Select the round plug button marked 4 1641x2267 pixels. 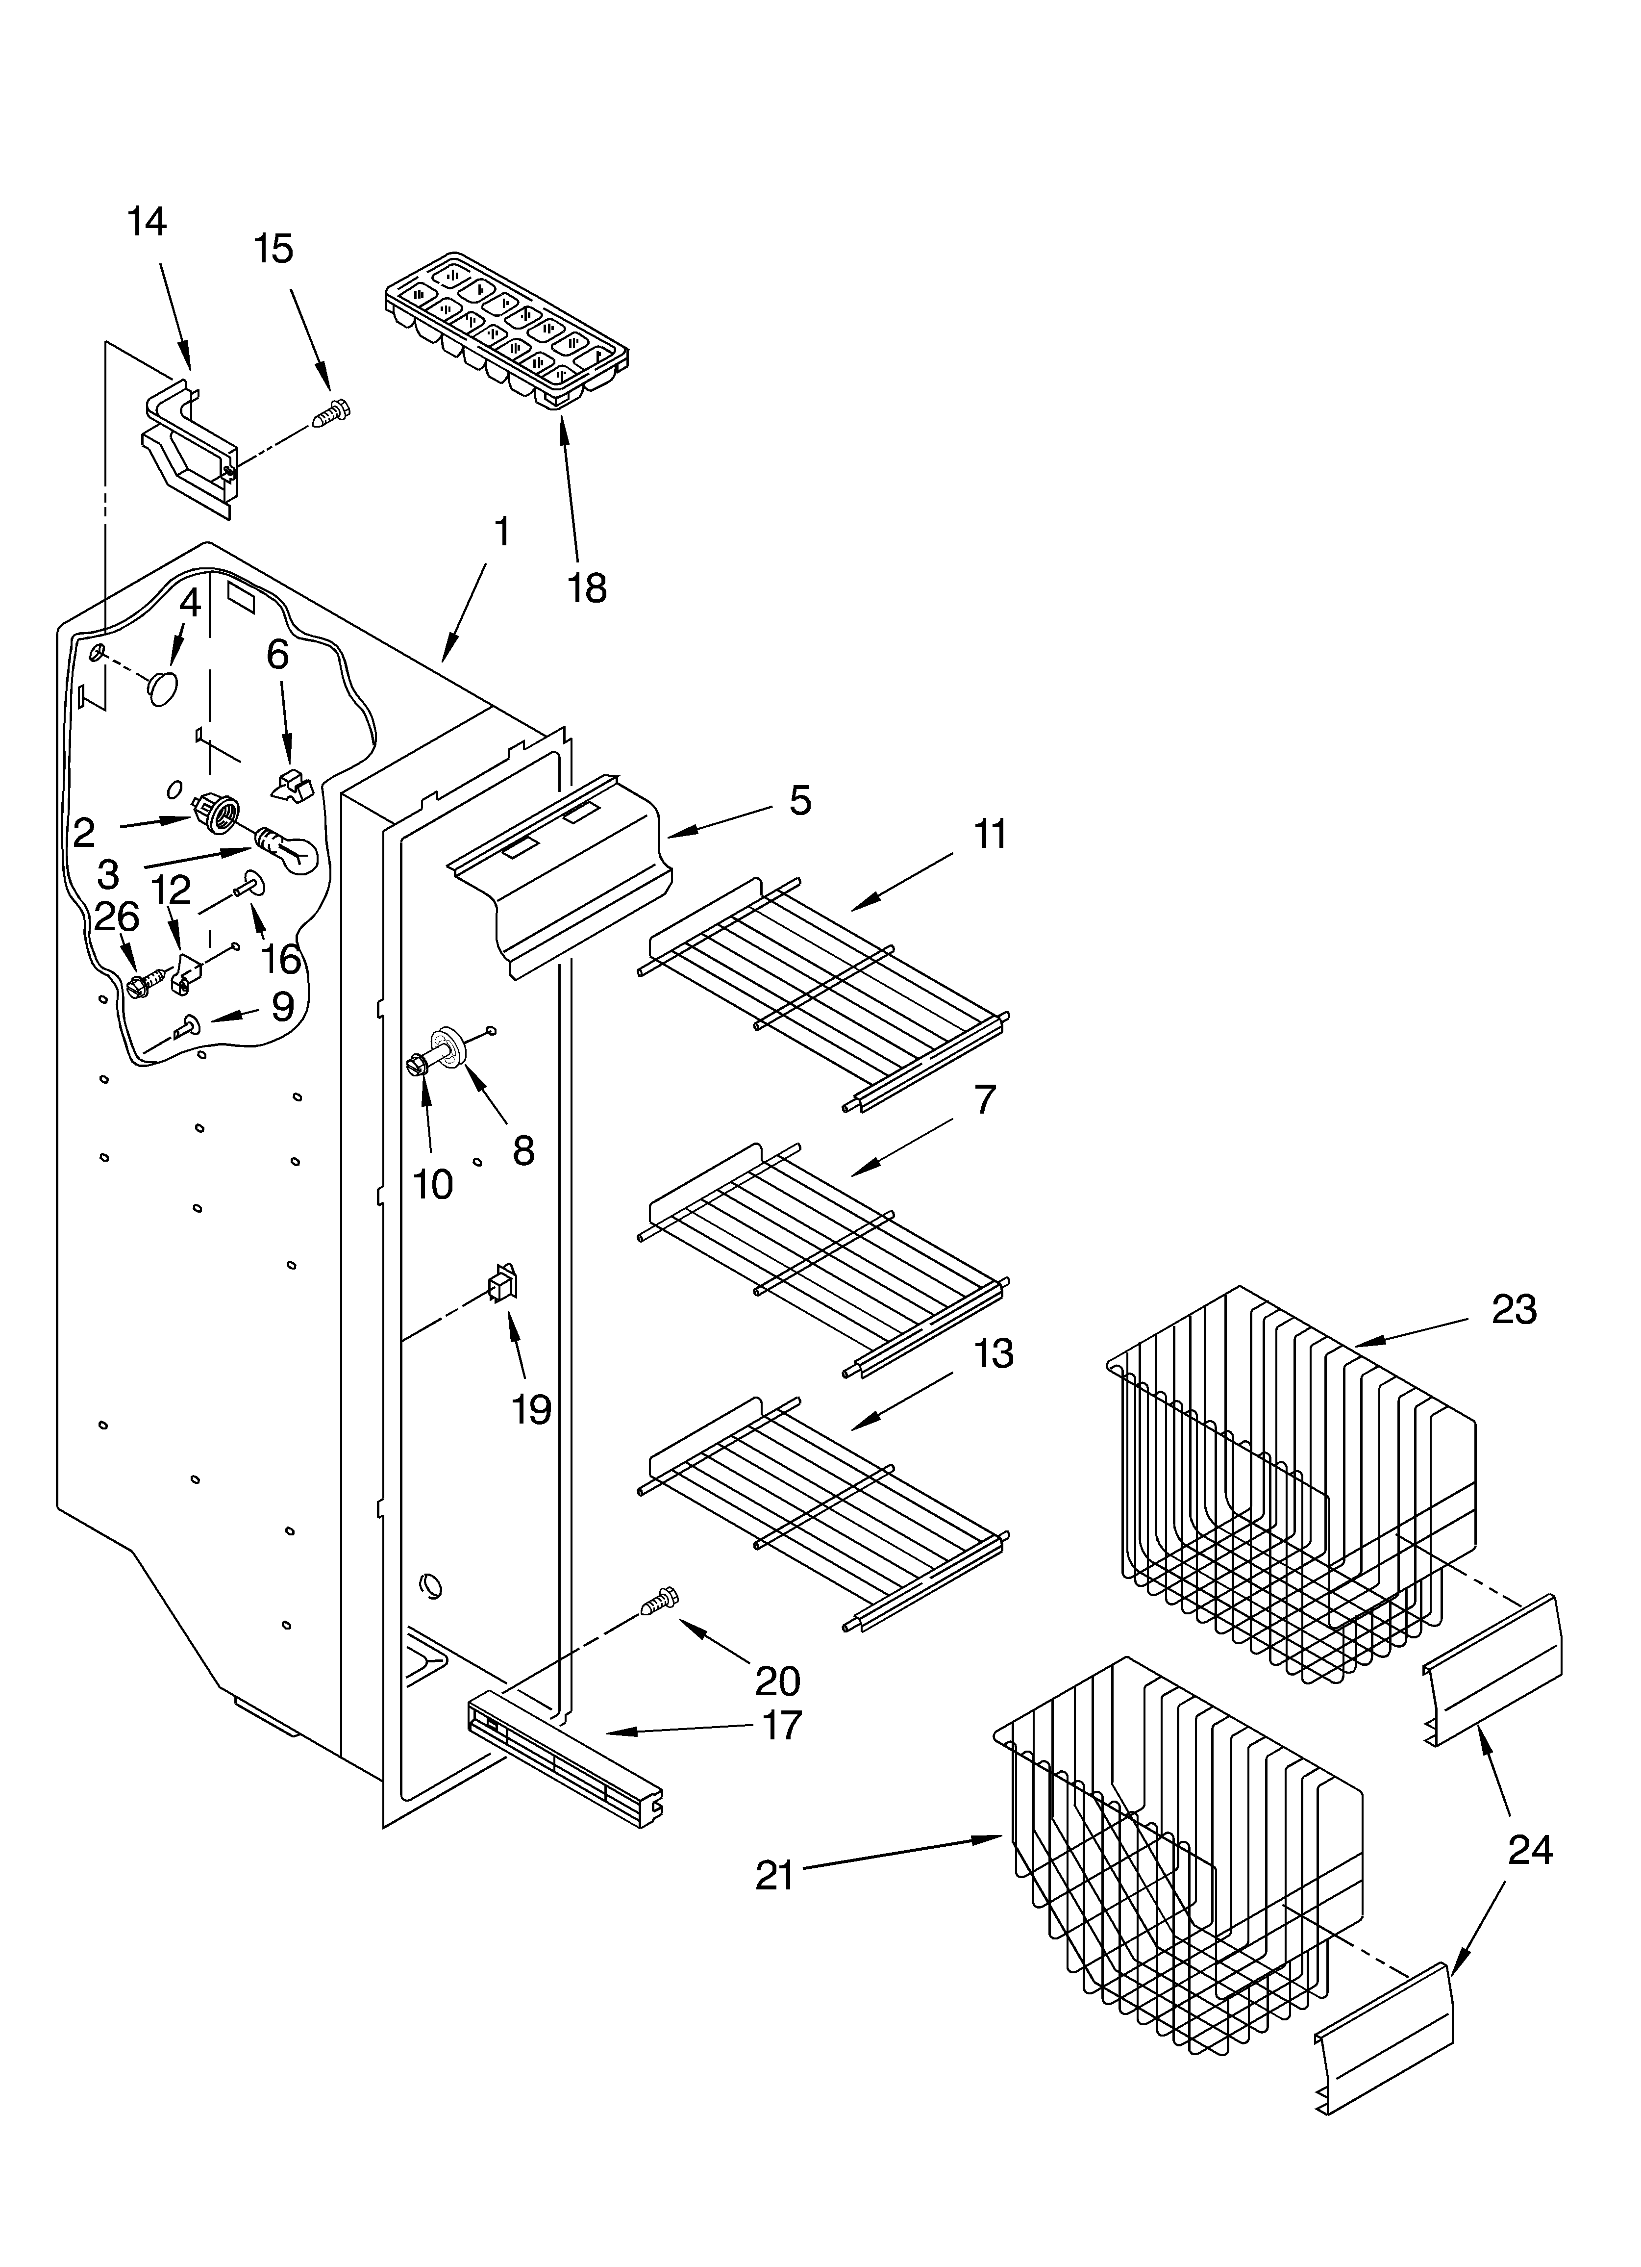163,687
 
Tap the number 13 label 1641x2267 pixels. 993,1353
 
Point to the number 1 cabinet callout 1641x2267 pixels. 502,532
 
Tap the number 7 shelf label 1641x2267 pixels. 984,1099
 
